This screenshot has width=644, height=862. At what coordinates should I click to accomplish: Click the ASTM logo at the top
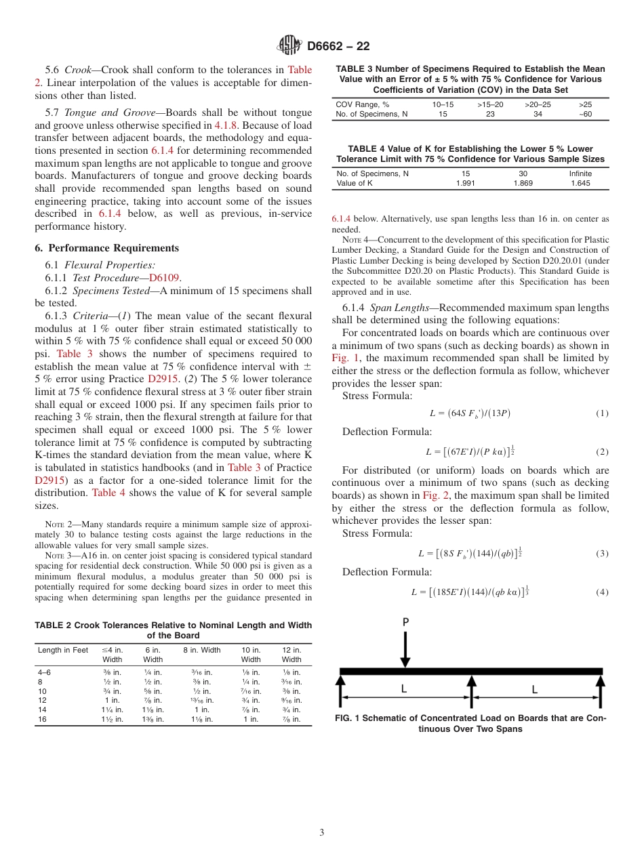289,46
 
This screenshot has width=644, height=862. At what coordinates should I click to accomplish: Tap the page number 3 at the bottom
321,832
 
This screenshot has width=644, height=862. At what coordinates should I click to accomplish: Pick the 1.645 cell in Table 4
580,183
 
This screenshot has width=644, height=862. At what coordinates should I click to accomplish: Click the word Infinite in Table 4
580,173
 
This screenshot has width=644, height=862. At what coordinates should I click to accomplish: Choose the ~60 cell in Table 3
584,114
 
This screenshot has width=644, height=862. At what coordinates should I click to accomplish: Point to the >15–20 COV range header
489,104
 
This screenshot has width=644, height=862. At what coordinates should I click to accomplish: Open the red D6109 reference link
165,278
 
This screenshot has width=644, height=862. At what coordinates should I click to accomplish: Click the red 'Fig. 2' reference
435,495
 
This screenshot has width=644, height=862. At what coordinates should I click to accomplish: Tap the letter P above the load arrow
405,621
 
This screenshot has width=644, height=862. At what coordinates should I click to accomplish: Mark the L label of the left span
404,689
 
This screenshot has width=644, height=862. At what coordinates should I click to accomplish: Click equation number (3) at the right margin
601,554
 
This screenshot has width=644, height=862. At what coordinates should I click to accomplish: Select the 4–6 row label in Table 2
47,672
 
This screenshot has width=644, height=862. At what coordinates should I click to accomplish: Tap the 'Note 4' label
355,240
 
